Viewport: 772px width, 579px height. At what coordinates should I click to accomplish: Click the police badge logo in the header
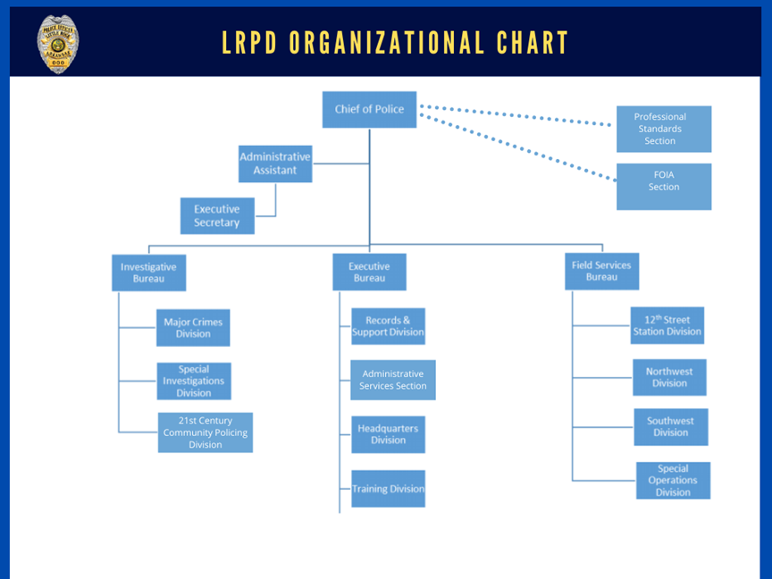57,43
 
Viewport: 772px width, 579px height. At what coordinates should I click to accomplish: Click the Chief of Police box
369,109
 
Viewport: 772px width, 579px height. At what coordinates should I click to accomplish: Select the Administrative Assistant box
275,164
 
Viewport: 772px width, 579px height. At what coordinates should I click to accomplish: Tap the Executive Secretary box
217,215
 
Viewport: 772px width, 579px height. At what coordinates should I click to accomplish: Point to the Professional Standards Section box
663,129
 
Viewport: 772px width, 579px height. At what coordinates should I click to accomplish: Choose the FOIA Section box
663,186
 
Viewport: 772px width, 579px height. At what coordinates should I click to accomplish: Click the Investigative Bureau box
149,273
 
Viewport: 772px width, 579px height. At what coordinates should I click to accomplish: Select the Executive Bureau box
369,272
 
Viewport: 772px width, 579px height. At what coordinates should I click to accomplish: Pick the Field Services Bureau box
601,271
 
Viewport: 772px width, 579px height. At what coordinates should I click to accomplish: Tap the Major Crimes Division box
193,328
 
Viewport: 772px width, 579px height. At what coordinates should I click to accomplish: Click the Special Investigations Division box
194,381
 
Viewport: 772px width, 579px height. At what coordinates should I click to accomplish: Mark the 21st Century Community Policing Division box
206,432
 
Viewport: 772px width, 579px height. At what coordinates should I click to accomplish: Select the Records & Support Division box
388,326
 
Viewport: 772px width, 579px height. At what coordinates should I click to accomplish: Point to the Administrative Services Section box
393,380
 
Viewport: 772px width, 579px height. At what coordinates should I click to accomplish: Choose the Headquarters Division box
388,434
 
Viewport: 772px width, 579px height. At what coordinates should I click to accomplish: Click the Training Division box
388,489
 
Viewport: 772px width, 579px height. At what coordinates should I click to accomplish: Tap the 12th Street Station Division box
667,325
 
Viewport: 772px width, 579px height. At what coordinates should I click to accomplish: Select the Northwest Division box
669,377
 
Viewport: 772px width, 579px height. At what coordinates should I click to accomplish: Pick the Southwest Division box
670,427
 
